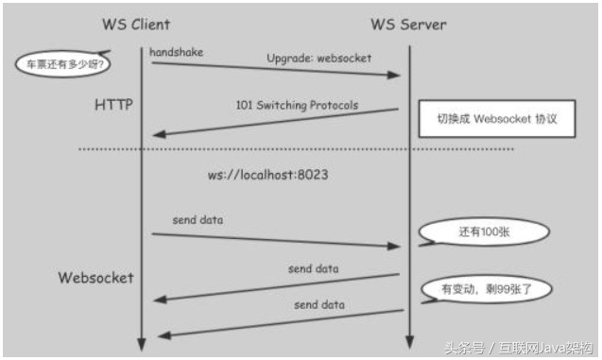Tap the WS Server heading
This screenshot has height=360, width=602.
409,23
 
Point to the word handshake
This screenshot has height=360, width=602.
176,51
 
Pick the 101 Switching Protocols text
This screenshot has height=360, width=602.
297,105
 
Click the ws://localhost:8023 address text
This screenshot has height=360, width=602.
267,175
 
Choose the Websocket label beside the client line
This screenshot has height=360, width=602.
96,278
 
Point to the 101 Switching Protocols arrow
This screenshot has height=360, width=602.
274,122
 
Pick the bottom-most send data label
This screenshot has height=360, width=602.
318,305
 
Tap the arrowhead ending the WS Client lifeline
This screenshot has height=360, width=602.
141,342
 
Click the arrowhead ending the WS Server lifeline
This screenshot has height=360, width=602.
408,342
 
